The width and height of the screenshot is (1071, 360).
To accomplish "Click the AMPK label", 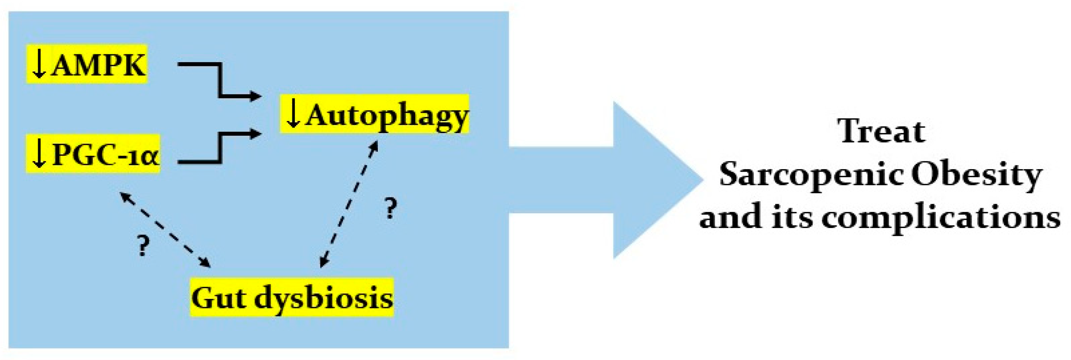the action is click(99, 65).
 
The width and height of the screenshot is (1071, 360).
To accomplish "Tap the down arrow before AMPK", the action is click(39, 64).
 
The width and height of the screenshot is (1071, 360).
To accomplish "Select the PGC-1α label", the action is click(106, 155).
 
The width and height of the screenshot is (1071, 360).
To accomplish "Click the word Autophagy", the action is click(387, 115).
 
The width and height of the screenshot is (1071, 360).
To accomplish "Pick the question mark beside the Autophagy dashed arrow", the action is click(390, 209).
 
